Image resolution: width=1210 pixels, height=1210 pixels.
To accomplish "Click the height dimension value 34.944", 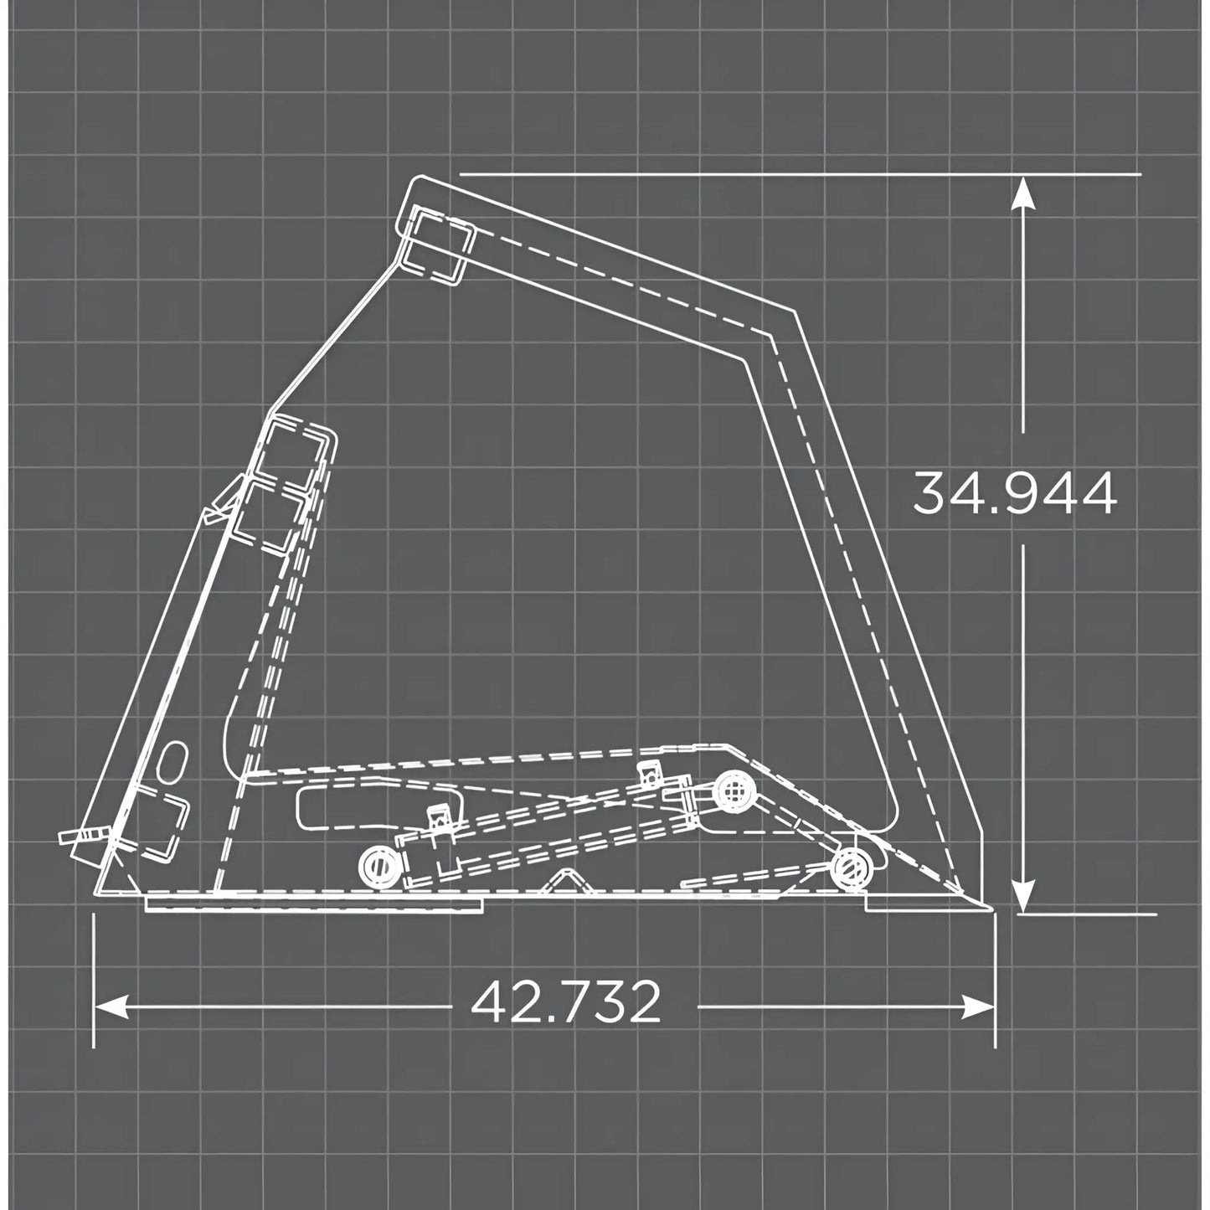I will click(x=1014, y=494).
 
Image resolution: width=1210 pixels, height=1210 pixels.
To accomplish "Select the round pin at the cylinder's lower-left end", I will click(x=378, y=866).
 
